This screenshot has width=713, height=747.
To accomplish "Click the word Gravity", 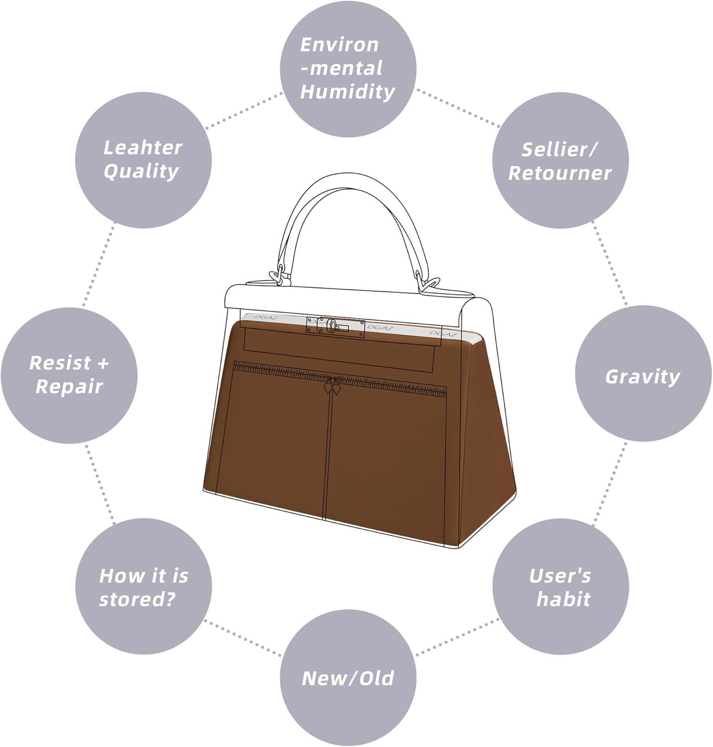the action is tap(642, 377).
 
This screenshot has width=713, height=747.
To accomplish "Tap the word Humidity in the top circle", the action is tap(348, 92).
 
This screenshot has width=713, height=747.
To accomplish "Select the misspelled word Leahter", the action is tap(143, 147).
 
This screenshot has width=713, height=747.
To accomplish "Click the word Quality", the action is tap(141, 171).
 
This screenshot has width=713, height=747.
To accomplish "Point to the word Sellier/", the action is tap(560, 149).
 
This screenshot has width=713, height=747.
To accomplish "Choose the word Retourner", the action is tap(560, 173).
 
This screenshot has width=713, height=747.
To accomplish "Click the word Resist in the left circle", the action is tap(60, 363).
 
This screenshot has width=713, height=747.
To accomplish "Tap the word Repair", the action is tap(69, 387).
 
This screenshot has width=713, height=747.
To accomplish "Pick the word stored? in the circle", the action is tap(138, 599).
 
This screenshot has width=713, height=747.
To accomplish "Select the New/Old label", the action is tap(348, 678).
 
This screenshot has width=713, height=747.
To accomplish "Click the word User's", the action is tap(560, 576).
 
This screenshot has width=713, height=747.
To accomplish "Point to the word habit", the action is tap(563, 599).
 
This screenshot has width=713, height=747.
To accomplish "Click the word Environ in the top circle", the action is tap(339, 45).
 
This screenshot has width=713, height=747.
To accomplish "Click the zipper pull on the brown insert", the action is tap(332, 386).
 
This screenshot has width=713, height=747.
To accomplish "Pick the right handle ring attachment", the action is tap(428, 284).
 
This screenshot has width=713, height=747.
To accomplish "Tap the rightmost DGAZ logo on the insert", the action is tap(443, 334).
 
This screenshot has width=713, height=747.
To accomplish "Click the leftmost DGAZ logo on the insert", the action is tap(265, 317).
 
